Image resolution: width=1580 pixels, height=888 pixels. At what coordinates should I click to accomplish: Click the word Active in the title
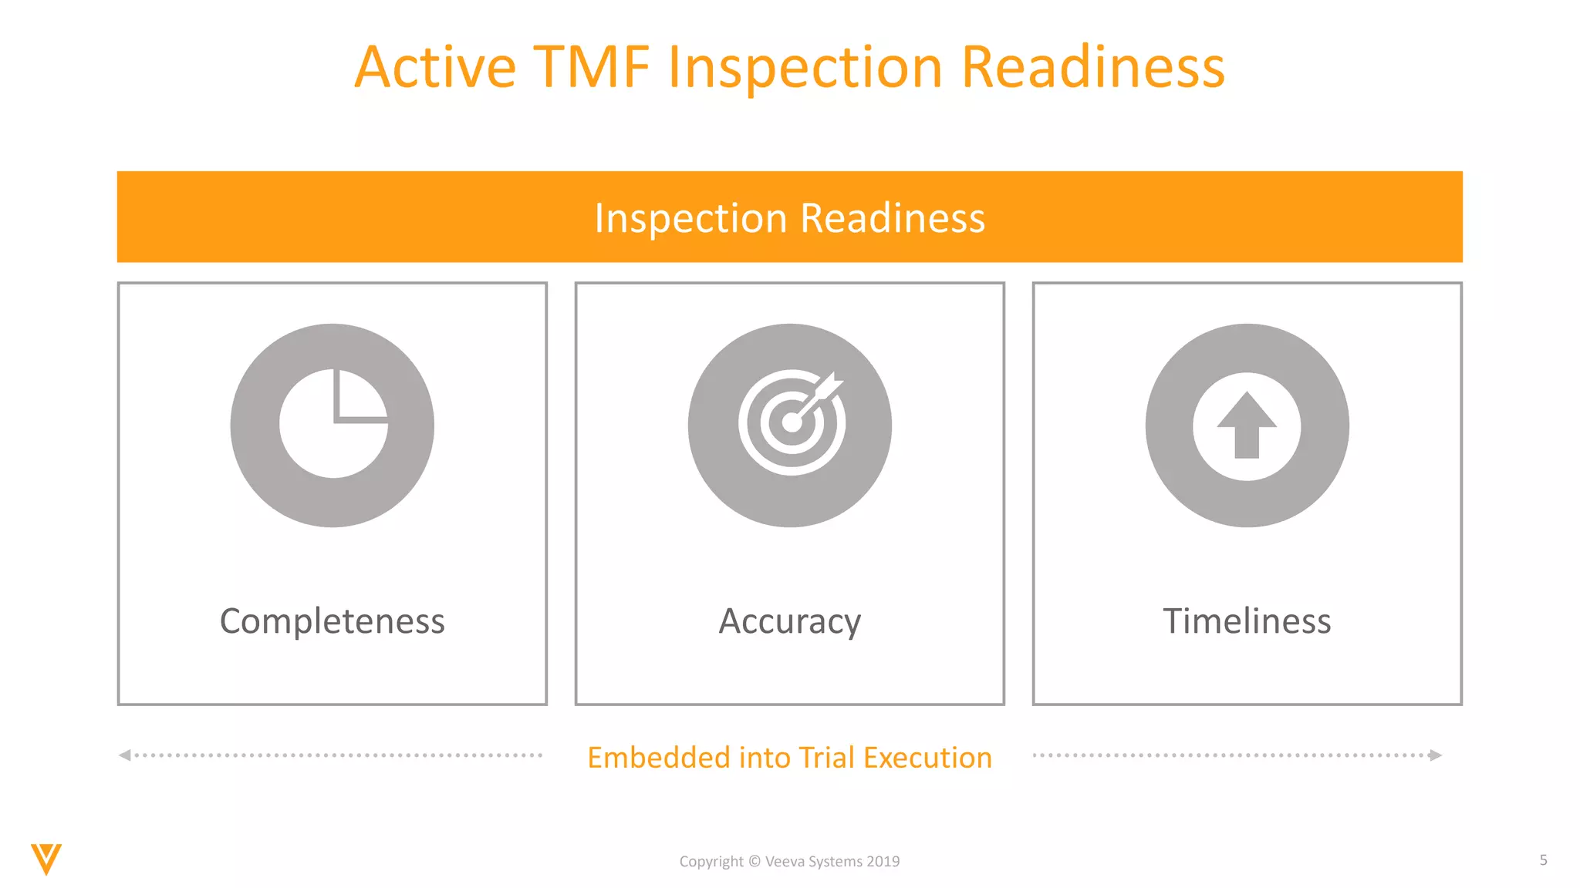[435, 68]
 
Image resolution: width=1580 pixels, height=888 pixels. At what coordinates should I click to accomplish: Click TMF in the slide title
[592, 68]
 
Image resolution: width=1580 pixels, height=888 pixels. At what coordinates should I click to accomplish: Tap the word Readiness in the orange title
[1092, 68]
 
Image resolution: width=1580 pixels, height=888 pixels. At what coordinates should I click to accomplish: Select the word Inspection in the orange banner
[690, 218]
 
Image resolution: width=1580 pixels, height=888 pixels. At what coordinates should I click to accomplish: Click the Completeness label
[333, 621]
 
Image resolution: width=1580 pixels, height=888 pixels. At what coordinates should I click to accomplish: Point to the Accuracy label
[789, 621]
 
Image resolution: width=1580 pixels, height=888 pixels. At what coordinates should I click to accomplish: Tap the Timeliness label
[1247, 621]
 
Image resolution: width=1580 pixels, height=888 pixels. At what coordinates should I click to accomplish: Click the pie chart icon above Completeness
[333, 425]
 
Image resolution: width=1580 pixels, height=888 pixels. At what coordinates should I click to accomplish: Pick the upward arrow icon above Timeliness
[1247, 425]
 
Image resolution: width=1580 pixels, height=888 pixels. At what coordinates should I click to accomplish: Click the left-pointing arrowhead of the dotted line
[125, 755]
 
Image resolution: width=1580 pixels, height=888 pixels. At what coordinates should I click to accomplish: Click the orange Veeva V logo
[46, 859]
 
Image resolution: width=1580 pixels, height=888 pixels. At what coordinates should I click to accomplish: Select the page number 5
[1543, 860]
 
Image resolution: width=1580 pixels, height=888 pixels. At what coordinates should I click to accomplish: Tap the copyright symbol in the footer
[755, 862]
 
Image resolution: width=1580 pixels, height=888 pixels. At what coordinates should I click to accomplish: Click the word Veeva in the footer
[785, 862]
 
